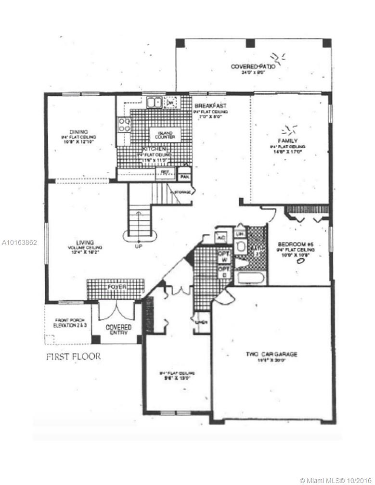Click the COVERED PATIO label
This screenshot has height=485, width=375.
(253, 67)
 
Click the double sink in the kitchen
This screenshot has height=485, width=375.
(154, 102)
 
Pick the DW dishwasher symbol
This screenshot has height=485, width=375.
(170, 102)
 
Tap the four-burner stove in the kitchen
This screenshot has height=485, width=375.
(124, 125)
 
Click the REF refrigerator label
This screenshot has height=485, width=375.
(165, 172)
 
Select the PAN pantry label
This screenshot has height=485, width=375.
(183, 177)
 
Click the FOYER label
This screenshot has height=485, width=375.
(117, 287)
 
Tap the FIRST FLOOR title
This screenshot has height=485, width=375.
(74, 357)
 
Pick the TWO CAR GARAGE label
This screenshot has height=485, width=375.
(272, 354)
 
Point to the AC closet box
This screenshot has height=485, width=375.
(221, 238)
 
